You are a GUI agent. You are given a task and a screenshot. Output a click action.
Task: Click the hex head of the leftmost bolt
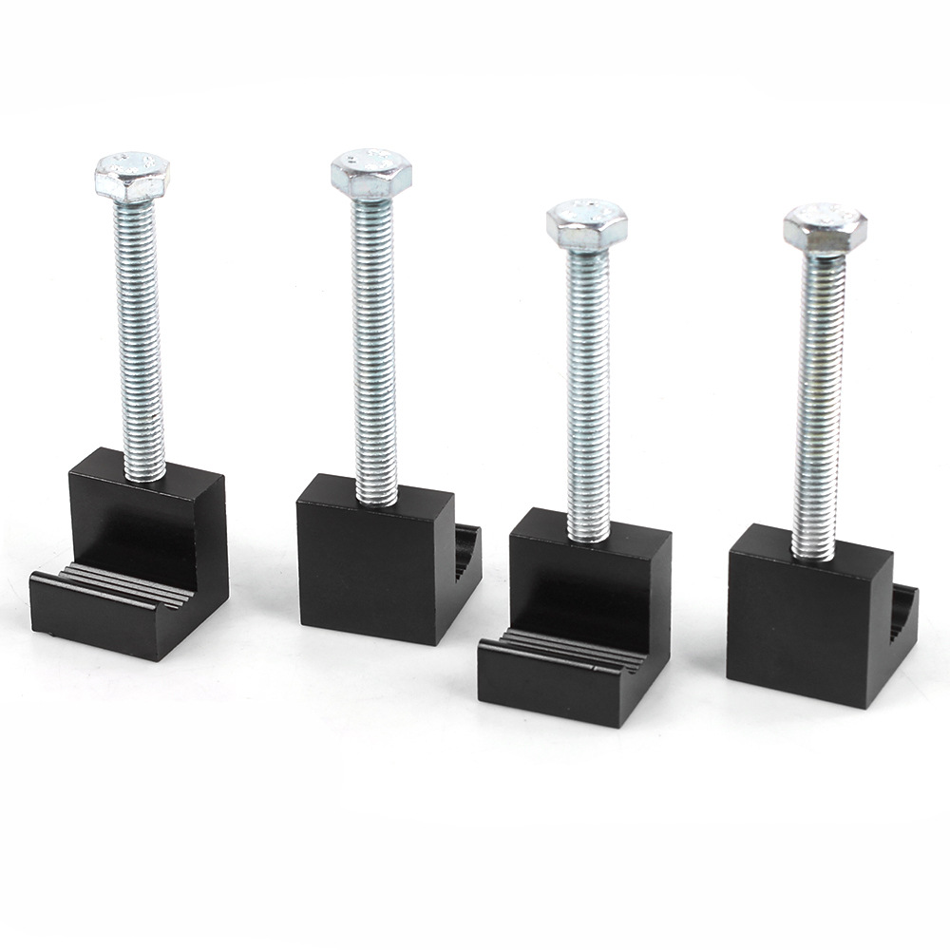pos(132,175)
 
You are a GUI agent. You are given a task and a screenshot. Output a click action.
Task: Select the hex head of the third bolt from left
pos(587,224)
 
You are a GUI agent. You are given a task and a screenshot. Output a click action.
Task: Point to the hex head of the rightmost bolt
pos(825,227)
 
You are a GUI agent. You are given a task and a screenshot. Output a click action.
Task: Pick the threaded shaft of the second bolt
pos(376,342)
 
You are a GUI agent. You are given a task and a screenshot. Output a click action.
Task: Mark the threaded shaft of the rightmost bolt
pos(819,399)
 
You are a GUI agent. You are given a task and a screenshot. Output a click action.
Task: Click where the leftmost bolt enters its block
pos(144,473)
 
